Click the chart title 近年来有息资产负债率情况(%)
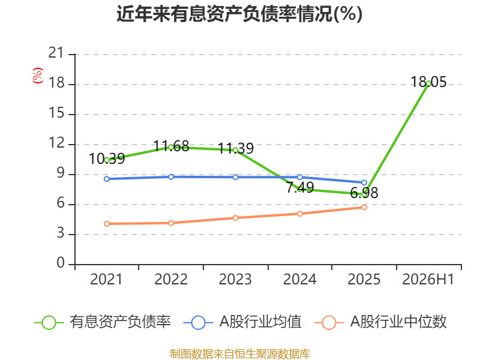tap(239, 14)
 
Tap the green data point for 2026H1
tap(428, 83)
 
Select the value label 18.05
tap(428, 82)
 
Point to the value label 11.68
tap(171, 146)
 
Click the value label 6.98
tap(364, 193)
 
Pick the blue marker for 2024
tap(299, 177)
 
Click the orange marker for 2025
tap(364, 207)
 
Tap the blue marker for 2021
tap(107, 179)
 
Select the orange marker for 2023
tap(235, 218)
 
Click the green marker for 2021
tap(107, 160)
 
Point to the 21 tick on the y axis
tap(56, 53)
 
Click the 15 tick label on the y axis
tap(56, 113)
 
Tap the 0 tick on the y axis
tap(61, 263)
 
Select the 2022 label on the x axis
tap(171, 280)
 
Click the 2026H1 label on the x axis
tap(428, 280)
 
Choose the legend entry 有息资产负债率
tap(102, 322)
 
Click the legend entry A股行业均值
tap(242, 322)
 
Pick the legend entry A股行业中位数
tap(380, 322)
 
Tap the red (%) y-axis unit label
tap(38, 76)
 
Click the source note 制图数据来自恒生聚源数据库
tap(240, 354)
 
